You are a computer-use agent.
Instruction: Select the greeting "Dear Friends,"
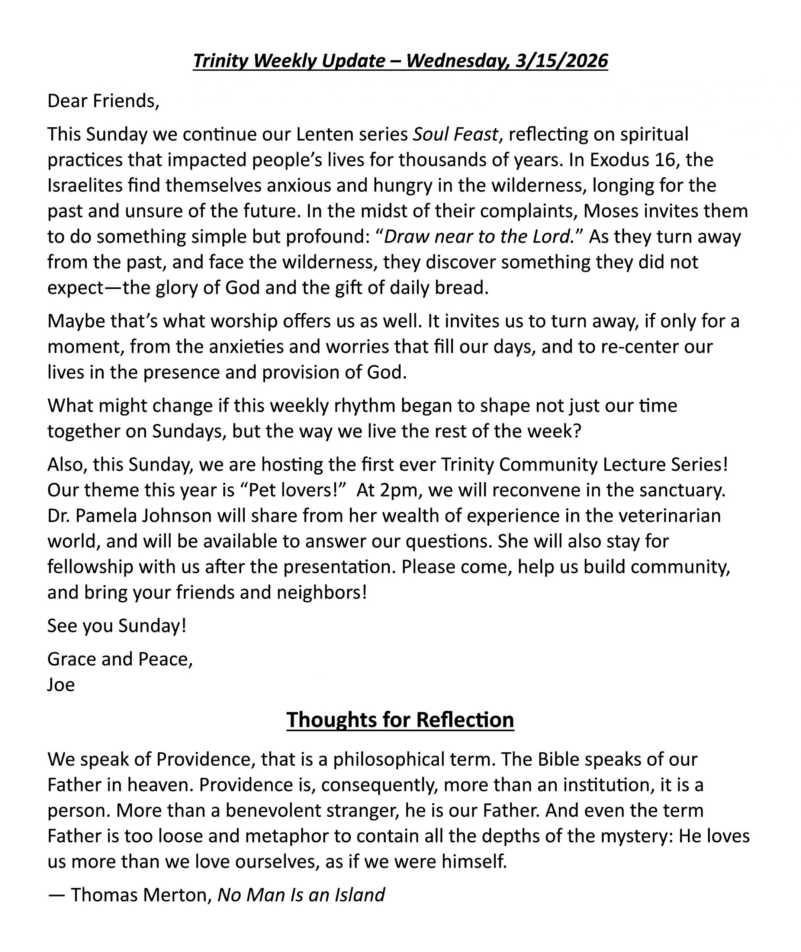(103, 101)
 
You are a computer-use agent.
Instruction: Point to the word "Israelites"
(85, 185)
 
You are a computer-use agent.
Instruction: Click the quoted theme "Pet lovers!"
(294, 490)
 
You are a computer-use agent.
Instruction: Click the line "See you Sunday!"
(117, 625)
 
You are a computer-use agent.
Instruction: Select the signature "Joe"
(61, 685)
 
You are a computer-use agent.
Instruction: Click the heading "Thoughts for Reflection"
(400, 720)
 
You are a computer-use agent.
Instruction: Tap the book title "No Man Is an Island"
(301, 894)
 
